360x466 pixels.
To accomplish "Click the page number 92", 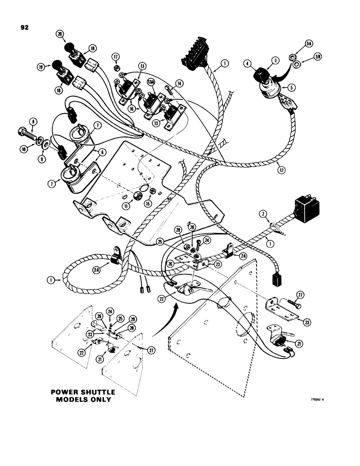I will pyautogui.click(x=25, y=27).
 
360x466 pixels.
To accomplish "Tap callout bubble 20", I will pyautogui.click(x=59, y=34).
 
